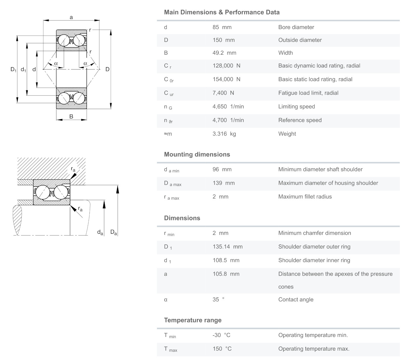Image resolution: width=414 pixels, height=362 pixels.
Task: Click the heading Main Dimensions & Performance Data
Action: [222, 12]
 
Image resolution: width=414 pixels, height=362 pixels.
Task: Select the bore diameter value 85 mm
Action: [222, 27]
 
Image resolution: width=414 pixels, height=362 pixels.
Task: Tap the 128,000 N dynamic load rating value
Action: [227, 66]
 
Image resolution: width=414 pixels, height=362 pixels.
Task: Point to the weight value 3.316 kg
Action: [224, 134]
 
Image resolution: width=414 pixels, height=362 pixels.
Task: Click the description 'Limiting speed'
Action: [297, 107]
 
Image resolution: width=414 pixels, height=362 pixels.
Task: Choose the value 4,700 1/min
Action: [228, 120]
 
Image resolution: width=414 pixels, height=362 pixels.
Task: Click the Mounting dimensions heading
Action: [197, 154]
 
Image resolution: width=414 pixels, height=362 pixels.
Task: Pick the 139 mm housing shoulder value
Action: [224, 183]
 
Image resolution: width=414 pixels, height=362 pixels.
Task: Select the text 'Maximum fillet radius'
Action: [305, 197]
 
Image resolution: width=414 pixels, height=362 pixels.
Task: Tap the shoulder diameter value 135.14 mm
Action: [228, 247]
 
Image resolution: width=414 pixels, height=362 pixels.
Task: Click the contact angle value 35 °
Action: [219, 300]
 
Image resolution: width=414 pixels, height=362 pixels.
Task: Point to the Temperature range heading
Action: [193, 320]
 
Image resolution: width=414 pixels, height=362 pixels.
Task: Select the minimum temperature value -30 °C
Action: [221, 335]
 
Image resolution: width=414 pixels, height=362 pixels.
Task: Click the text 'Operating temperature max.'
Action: [314, 349]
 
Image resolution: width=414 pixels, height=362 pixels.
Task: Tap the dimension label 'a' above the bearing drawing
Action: [71, 17]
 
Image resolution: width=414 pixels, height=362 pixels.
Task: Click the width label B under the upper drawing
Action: [71, 116]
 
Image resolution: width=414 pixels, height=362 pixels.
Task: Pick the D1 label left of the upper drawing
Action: [13, 69]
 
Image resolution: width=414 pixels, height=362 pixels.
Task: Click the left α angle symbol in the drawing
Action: [56, 64]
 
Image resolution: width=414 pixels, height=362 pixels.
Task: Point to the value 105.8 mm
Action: [226, 274]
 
